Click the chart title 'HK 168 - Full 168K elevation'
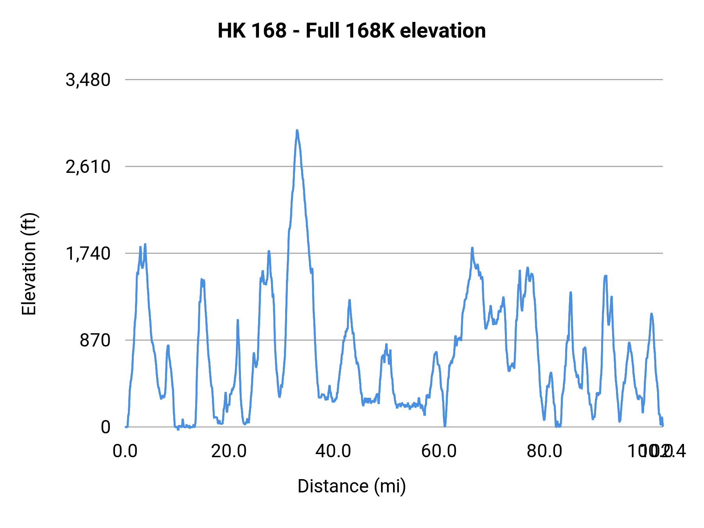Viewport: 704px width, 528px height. pyautogui.click(x=352, y=31)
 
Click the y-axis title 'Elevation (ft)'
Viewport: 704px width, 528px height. pyautogui.click(x=29, y=264)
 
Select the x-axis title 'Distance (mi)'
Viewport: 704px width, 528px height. pyautogui.click(x=352, y=486)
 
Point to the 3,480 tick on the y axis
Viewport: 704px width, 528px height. pyautogui.click(x=88, y=80)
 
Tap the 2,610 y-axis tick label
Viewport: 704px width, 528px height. pyautogui.click(x=88, y=167)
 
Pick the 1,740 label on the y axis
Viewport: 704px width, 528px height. pyautogui.click(x=88, y=254)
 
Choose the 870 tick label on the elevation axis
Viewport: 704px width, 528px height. pyautogui.click(x=95, y=341)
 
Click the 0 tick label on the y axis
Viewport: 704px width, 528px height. pyautogui.click(x=106, y=427)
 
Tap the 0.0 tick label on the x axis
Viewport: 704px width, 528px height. pyautogui.click(x=125, y=451)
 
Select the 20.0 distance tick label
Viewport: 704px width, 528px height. pyautogui.click(x=229, y=451)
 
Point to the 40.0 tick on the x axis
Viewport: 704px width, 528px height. pyautogui.click(x=333, y=451)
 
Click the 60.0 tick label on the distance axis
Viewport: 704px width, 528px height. pyautogui.click(x=439, y=451)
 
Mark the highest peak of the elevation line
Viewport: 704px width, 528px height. pyautogui.click(x=297, y=130)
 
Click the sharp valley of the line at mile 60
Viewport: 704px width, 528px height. pyautogui.click(x=445, y=426)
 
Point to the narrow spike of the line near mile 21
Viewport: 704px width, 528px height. pyautogui.click(x=237, y=320)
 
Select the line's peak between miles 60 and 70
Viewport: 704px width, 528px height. pyautogui.click(x=472, y=248)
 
